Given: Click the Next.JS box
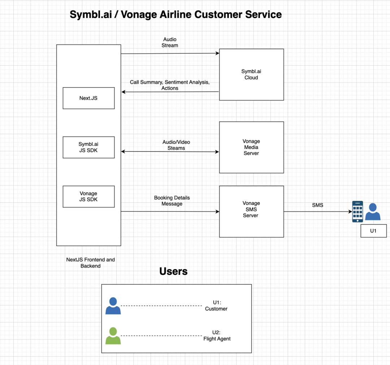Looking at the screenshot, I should [x=88, y=98].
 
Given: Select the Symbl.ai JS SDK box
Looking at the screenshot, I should [x=88, y=147].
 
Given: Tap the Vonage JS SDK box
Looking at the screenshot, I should [x=88, y=197].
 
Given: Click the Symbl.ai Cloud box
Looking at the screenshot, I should [x=251, y=75].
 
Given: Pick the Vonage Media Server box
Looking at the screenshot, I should [x=251, y=147].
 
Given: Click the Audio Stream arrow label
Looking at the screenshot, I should [x=170, y=43].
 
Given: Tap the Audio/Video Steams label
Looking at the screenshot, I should [x=176, y=145].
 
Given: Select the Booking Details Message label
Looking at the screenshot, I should [x=172, y=201].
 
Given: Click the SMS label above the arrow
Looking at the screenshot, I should [x=318, y=205].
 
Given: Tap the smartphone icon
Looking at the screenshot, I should [x=358, y=211].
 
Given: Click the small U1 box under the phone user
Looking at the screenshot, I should [x=373, y=231].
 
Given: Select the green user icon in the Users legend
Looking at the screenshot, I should [x=113, y=336].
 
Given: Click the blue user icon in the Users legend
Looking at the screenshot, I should [x=113, y=306].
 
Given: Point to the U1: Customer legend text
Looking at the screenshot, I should [x=216, y=306].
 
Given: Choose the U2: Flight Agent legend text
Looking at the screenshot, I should [x=217, y=336].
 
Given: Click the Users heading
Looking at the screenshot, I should [x=173, y=271].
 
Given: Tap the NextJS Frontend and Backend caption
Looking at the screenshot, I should [x=91, y=263].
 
